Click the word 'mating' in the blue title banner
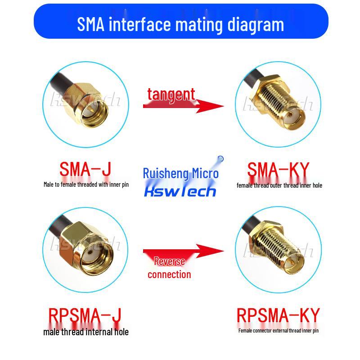coord(199,25)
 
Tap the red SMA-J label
coord(85,169)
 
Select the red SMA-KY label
coord(278,170)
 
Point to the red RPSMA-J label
coord(85,316)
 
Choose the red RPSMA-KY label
coord(278,316)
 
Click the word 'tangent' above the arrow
coord(171,94)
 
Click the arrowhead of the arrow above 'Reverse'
coord(210,251)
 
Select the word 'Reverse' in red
coord(170,261)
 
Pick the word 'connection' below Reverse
coord(169,274)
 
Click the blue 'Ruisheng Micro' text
coord(181,173)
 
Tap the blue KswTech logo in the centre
coord(180,192)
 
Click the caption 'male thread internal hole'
coord(86,332)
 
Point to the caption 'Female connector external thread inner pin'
coord(279,331)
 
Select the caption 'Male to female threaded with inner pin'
coord(86,184)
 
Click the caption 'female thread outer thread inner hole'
coord(279,185)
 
